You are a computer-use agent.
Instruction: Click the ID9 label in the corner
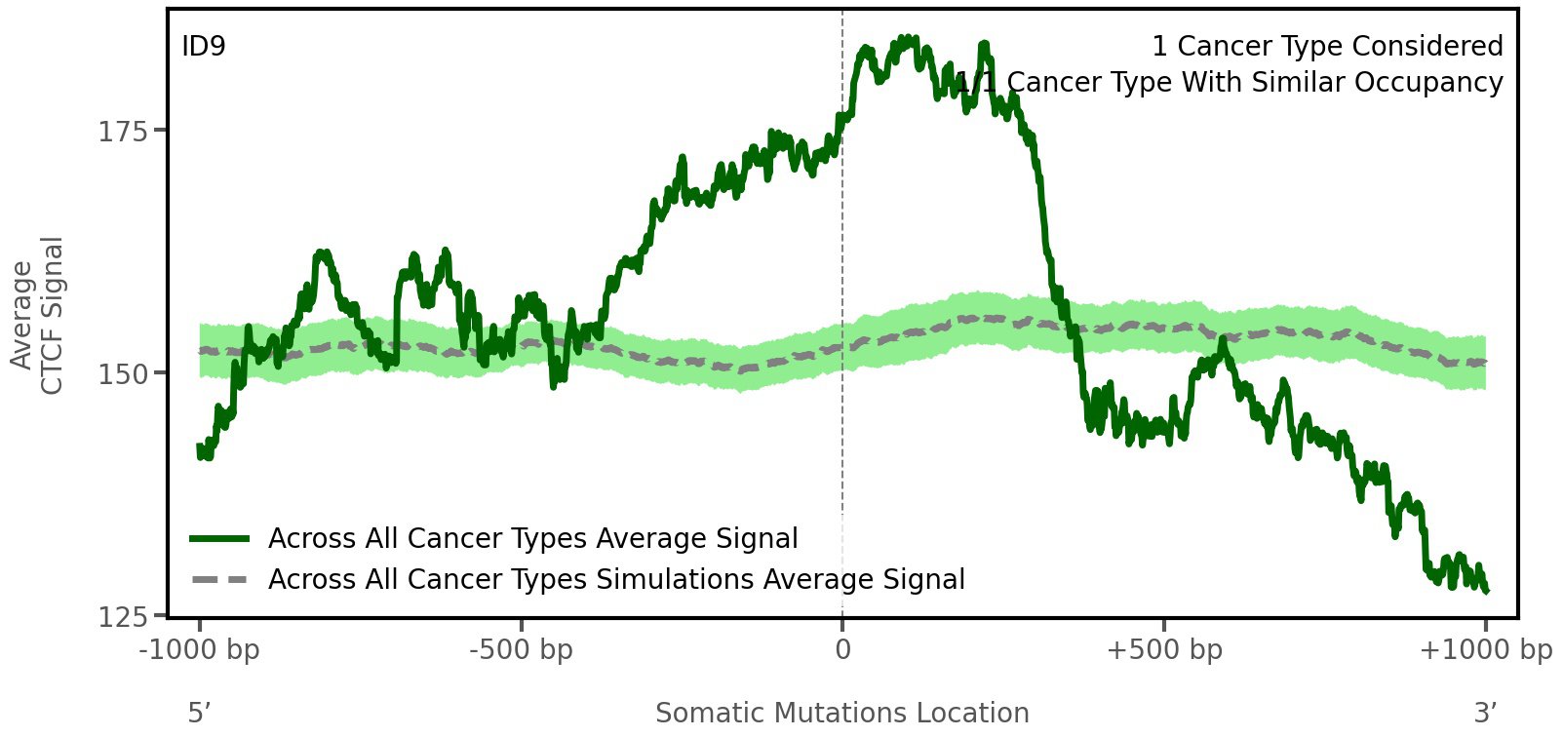click(x=204, y=46)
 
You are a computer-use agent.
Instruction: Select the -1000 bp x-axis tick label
click(x=200, y=650)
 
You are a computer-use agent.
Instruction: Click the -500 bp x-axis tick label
click(x=521, y=650)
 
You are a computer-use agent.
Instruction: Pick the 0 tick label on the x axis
click(x=842, y=650)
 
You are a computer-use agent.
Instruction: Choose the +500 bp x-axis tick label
click(x=1164, y=650)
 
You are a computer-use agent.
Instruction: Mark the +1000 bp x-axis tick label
click(x=1485, y=650)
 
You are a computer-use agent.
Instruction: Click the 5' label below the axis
click(x=199, y=714)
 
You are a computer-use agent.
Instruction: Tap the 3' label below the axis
click(x=1485, y=714)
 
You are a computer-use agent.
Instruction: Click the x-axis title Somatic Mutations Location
click(x=842, y=714)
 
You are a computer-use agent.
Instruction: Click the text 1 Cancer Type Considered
click(x=1327, y=46)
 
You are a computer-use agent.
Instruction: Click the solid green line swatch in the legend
click(x=220, y=539)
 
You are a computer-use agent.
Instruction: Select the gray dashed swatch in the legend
click(x=220, y=580)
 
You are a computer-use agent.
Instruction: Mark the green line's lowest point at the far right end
click(x=1486, y=591)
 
